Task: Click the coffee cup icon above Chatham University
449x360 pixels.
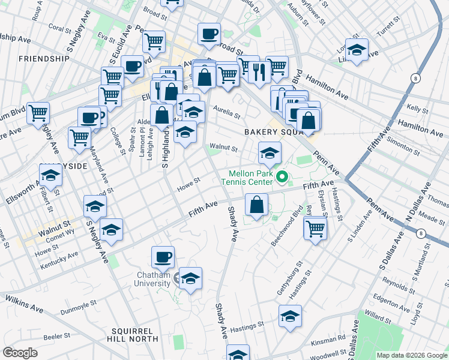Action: coord(163,258)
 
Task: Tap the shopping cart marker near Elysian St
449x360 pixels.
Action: coord(315,227)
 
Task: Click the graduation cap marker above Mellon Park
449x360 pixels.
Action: coord(270,153)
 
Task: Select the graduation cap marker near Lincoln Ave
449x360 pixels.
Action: coord(357,50)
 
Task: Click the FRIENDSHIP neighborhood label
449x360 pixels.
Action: coord(44,59)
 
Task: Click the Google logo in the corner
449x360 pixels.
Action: coord(20,353)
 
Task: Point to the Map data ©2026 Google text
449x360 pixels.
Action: coord(411,355)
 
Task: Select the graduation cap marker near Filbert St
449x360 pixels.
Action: coord(51,175)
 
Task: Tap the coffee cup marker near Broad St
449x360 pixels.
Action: coord(209,34)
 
